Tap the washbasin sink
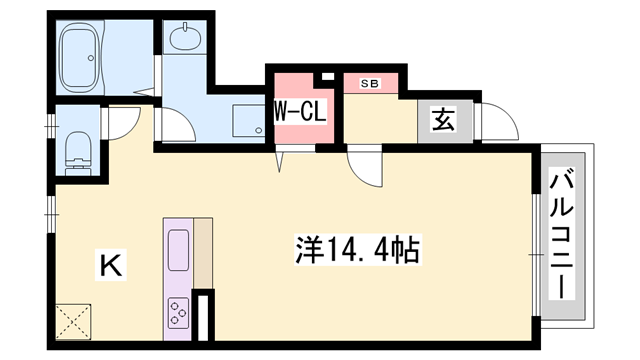point(186,40)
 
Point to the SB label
point(369,83)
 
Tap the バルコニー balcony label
point(560,235)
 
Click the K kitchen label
point(110,265)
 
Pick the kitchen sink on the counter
point(178,250)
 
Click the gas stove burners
point(178,312)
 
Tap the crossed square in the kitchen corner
point(74,321)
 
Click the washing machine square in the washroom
point(245,121)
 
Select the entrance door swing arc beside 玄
point(497,126)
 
